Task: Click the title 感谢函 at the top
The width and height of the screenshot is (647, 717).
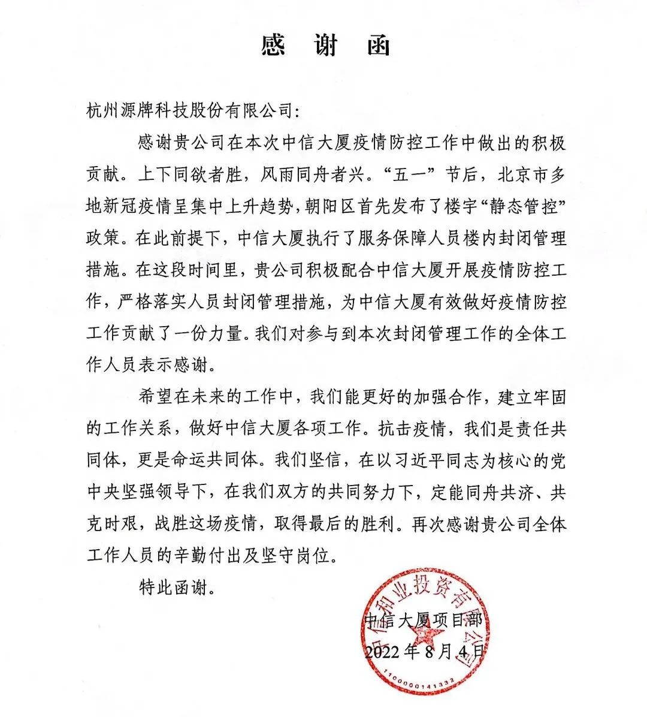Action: click(x=325, y=46)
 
